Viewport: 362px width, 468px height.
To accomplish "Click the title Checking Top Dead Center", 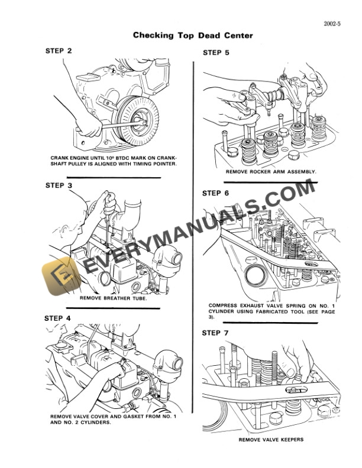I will [193, 35].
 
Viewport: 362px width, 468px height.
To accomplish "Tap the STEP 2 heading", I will [59, 51].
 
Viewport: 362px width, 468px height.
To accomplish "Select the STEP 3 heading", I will [59, 185].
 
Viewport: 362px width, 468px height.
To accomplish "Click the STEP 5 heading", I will [216, 53].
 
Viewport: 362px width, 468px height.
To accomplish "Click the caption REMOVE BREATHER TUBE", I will [113, 298].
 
